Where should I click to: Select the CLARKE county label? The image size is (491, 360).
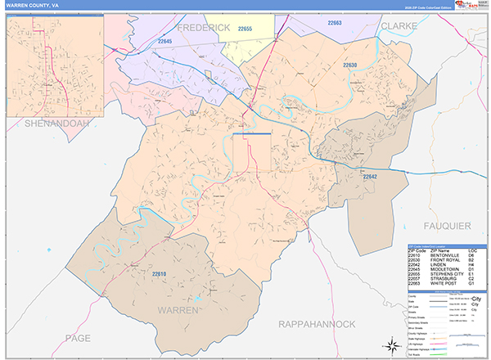pyautogui.click(x=399, y=26)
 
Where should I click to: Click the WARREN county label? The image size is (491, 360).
pyautogui.click(x=178, y=311)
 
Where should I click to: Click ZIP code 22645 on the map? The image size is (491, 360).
pyautogui.click(x=166, y=40)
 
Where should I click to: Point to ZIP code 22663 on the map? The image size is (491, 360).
pyautogui.click(x=335, y=24)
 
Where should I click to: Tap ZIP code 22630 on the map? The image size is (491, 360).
pyautogui.click(x=350, y=64)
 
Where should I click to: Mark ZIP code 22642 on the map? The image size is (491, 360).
pyautogui.click(x=370, y=177)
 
